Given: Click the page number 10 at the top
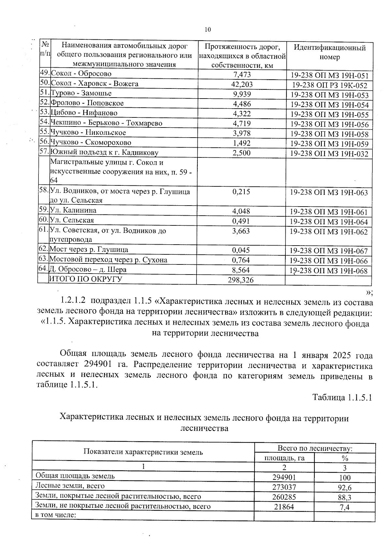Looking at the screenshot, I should [208, 30].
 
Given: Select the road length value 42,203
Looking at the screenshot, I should [242, 84].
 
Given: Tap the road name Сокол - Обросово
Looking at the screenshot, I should [81, 74].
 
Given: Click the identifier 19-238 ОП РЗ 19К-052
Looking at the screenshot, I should [329, 86].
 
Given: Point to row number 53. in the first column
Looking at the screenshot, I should [44, 113].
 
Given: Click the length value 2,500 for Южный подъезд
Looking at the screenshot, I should [242, 153].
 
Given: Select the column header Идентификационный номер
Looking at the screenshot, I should [329, 52].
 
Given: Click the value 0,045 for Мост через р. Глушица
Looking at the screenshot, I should [241, 250].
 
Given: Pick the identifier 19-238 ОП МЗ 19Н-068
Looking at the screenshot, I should [328, 271].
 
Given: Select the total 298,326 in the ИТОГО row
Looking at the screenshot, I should [241, 280].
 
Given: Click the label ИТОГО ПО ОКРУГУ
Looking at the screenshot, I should [85, 279].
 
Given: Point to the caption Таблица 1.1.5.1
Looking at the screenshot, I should [342, 397].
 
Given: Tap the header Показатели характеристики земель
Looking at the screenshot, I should [143, 452].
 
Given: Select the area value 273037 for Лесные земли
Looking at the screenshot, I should [284, 487].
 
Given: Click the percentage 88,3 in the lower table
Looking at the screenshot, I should [345, 497].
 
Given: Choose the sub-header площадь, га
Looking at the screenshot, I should [284, 458].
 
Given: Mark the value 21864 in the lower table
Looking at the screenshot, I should [284, 506].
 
